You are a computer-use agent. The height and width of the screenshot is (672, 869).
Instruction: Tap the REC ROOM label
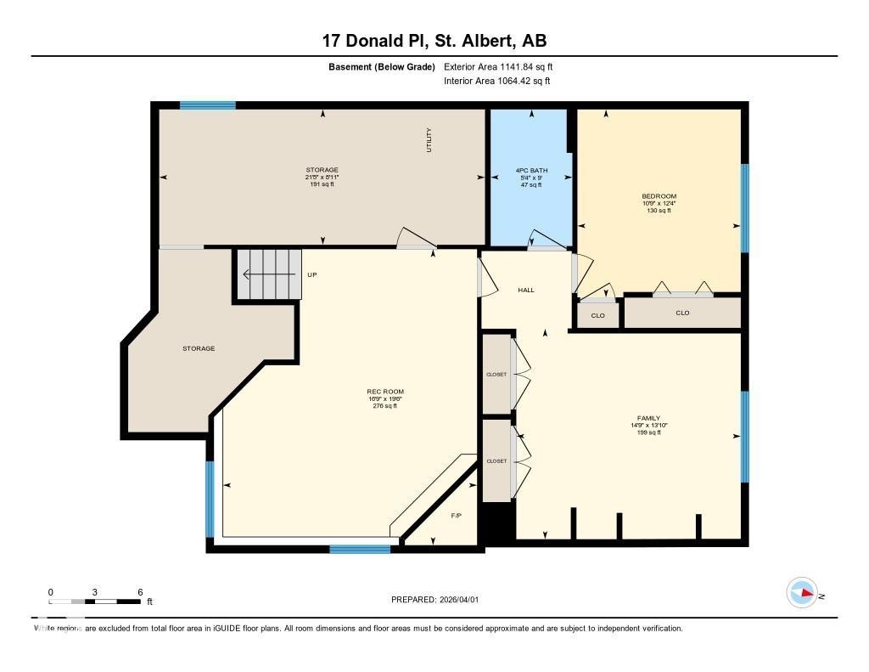pyautogui.click(x=385, y=392)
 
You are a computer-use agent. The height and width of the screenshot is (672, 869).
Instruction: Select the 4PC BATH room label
pyautogui.click(x=531, y=171)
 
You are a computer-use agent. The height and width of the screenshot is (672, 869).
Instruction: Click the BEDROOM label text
pyautogui.click(x=659, y=196)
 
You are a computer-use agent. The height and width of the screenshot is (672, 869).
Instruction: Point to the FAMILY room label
pyautogui.click(x=648, y=418)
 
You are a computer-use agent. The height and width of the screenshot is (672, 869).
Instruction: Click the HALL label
pyautogui.click(x=526, y=291)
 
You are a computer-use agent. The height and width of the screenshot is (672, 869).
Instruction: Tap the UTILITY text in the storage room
pyautogui.click(x=429, y=140)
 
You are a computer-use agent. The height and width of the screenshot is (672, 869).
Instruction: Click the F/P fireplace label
pyautogui.click(x=457, y=516)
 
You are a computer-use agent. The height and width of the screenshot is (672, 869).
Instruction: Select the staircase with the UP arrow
pyautogui.click(x=268, y=274)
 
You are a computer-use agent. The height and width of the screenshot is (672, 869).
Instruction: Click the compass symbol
pyautogui.click(x=801, y=593)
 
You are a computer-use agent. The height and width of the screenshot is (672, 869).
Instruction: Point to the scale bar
pyautogui.click(x=95, y=601)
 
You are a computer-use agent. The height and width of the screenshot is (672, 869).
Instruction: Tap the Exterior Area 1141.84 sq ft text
pyautogui.click(x=498, y=66)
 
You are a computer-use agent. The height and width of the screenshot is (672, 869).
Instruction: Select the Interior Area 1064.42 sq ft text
pyautogui.click(x=496, y=82)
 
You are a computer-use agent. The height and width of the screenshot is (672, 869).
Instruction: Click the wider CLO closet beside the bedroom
pyautogui.click(x=682, y=313)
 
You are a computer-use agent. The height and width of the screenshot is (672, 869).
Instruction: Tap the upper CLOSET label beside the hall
pyautogui.click(x=496, y=374)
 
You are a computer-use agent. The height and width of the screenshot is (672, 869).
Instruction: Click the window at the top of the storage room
pyautogui.click(x=207, y=105)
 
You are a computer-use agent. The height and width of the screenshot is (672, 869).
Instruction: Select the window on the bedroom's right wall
pyautogui.click(x=745, y=208)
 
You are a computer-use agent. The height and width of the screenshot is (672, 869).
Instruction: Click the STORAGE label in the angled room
pyautogui.click(x=199, y=348)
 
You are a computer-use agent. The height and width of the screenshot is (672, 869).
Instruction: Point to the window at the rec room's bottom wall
pyautogui.click(x=360, y=549)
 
